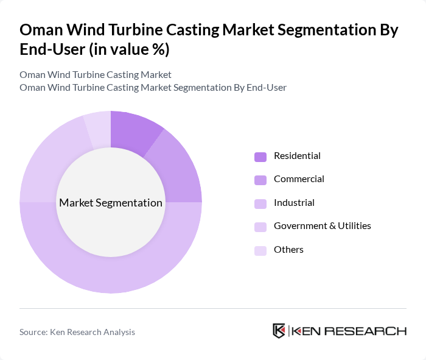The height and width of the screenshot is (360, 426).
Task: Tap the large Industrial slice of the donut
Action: pyautogui.click(x=111, y=268)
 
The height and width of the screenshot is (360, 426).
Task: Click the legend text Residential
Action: pyautogui.click(x=297, y=156)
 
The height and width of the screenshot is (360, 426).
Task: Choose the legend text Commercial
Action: pyautogui.click(x=299, y=179)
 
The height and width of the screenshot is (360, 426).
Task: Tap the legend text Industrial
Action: pyautogui.click(x=294, y=203)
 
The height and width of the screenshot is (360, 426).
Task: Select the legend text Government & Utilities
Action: pyautogui.click(x=322, y=226)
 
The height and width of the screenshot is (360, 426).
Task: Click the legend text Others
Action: pyautogui.click(x=288, y=250)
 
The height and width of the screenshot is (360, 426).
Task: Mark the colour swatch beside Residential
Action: pyautogui.click(x=260, y=157)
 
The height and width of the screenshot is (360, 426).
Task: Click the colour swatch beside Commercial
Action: pyautogui.click(x=260, y=180)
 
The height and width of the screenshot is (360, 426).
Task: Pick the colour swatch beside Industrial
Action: pyautogui.click(x=260, y=203)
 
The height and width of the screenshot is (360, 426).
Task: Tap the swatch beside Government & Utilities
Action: pyautogui.click(x=260, y=227)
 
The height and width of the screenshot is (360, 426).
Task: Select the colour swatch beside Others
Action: pyautogui.click(x=260, y=250)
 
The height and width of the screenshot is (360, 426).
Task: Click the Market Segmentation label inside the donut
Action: pyautogui.click(x=111, y=203)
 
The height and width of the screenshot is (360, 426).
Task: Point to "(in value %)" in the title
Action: pyautogui.click(x=129, y=49)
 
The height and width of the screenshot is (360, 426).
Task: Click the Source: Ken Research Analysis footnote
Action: pyautogui.click(x=77, y=332)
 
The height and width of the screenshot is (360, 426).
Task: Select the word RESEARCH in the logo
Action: pyautogui.click(x=371, y=331)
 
